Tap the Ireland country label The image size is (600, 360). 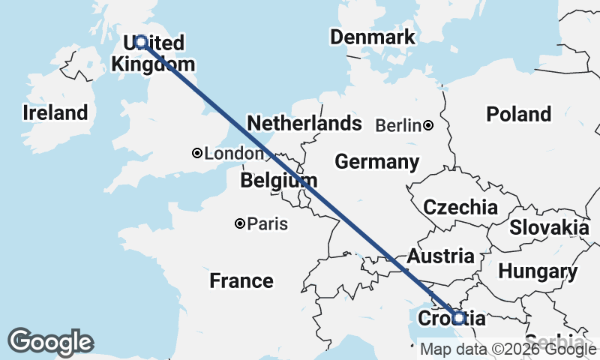[55, 113]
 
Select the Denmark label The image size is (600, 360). [373, 37]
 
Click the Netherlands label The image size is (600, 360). [304, 124]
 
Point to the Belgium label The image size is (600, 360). [279, 181]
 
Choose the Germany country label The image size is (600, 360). [377, 161]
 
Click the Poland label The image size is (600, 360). [519, 115]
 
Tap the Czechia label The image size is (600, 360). [460, 208]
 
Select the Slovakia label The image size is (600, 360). [549, 227]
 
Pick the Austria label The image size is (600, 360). [441, 256]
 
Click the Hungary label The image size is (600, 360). [538, 271]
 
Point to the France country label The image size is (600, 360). [241, 281]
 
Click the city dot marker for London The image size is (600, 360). [197, 153]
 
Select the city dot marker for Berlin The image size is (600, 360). [427, 125]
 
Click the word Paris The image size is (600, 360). [268, 223]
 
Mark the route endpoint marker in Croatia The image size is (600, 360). [458, 318]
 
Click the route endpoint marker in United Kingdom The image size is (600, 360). [139, 42]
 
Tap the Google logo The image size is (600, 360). [51, 342]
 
